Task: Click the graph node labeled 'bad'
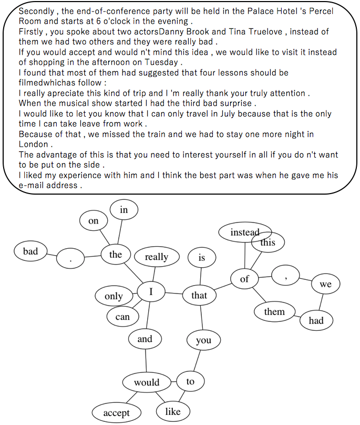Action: pos(30,251)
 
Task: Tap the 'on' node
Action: pos(94,221)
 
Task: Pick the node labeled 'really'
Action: pos(156,257)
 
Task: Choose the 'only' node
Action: pos(114,296)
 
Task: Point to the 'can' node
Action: pos(122,317)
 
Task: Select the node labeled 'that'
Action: pos(199,296)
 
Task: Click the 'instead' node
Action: pos(244,232)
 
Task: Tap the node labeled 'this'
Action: pos(268,242)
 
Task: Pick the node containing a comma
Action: pos(285,275)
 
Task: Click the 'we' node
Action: pos(325,285)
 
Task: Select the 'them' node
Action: pos(274,312)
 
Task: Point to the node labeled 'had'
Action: pos(316,320)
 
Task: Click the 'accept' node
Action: pos(117,413)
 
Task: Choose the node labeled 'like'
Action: pos(172,411)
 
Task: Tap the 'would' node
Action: pos(147,382)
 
